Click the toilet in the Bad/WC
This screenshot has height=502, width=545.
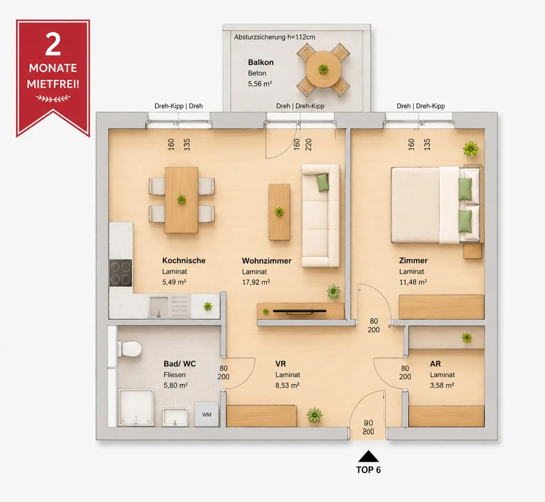[x=130, y=349]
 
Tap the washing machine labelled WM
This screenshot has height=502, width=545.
[x=207, y=414]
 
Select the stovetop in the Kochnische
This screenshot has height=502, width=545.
[x=121, y=273]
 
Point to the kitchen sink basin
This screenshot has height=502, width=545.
[x=159, y=306]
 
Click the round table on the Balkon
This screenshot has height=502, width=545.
[x=323, y=69]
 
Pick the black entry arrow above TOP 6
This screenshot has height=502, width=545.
[x=368, y=456]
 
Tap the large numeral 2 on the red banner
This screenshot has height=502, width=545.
[x=53, y=45]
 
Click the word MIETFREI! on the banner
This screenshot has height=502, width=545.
[x=53, y=84]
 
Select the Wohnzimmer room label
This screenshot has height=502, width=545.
[x=266, y=261]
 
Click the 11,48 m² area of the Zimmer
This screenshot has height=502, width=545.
[x=413, y=282]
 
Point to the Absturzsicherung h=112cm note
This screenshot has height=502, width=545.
[x=275, y=37]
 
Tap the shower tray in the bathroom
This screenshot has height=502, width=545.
[x=136, y=407]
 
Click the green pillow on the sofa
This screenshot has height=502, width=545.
[x=323, y=182]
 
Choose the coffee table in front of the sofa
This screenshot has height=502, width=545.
[x=279, y=212]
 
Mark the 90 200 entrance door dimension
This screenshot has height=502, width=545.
[x=368, y=427]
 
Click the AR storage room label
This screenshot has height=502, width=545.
[x=435, y=364]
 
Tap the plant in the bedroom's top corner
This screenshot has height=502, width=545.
[x=471, y=149]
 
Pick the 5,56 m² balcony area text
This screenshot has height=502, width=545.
[x=260, y=84]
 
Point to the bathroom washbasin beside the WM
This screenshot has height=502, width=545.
[x=175, y=417]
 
